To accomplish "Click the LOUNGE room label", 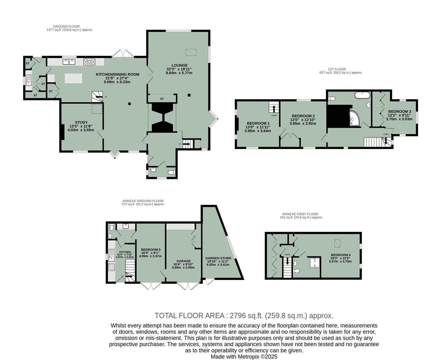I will (179, 65).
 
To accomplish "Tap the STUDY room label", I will (81, 122).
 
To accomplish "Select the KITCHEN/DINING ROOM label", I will (117, 74).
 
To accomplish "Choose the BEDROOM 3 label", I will (399, 111).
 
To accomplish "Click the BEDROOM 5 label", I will (150, 250).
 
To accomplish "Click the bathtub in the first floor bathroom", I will (362, 95).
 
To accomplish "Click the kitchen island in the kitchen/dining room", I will (73, 78).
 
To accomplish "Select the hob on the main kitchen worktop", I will (89, 62).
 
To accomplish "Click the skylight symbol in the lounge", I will (191, 52).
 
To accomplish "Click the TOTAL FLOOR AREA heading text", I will (244, 316).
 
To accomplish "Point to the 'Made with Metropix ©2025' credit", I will (244, 356).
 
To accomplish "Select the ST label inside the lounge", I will (162, 99).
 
